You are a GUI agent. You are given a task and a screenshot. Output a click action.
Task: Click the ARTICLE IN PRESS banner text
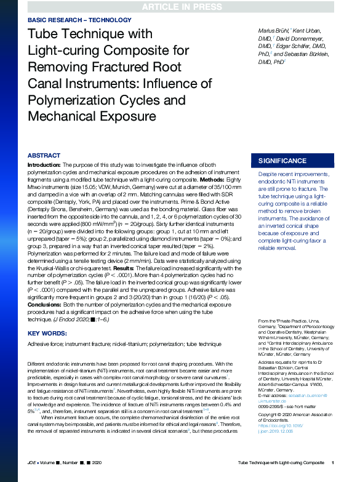[180, 7]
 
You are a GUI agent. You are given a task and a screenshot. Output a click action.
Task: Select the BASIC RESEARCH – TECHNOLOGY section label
[79, 20]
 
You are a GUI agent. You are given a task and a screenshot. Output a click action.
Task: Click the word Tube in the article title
[44, 34]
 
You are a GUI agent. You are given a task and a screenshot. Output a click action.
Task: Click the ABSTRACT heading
[44, 156]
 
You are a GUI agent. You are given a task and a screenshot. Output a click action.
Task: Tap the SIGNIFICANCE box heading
[282, 161]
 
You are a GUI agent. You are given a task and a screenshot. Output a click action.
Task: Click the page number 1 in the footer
[332, 462]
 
